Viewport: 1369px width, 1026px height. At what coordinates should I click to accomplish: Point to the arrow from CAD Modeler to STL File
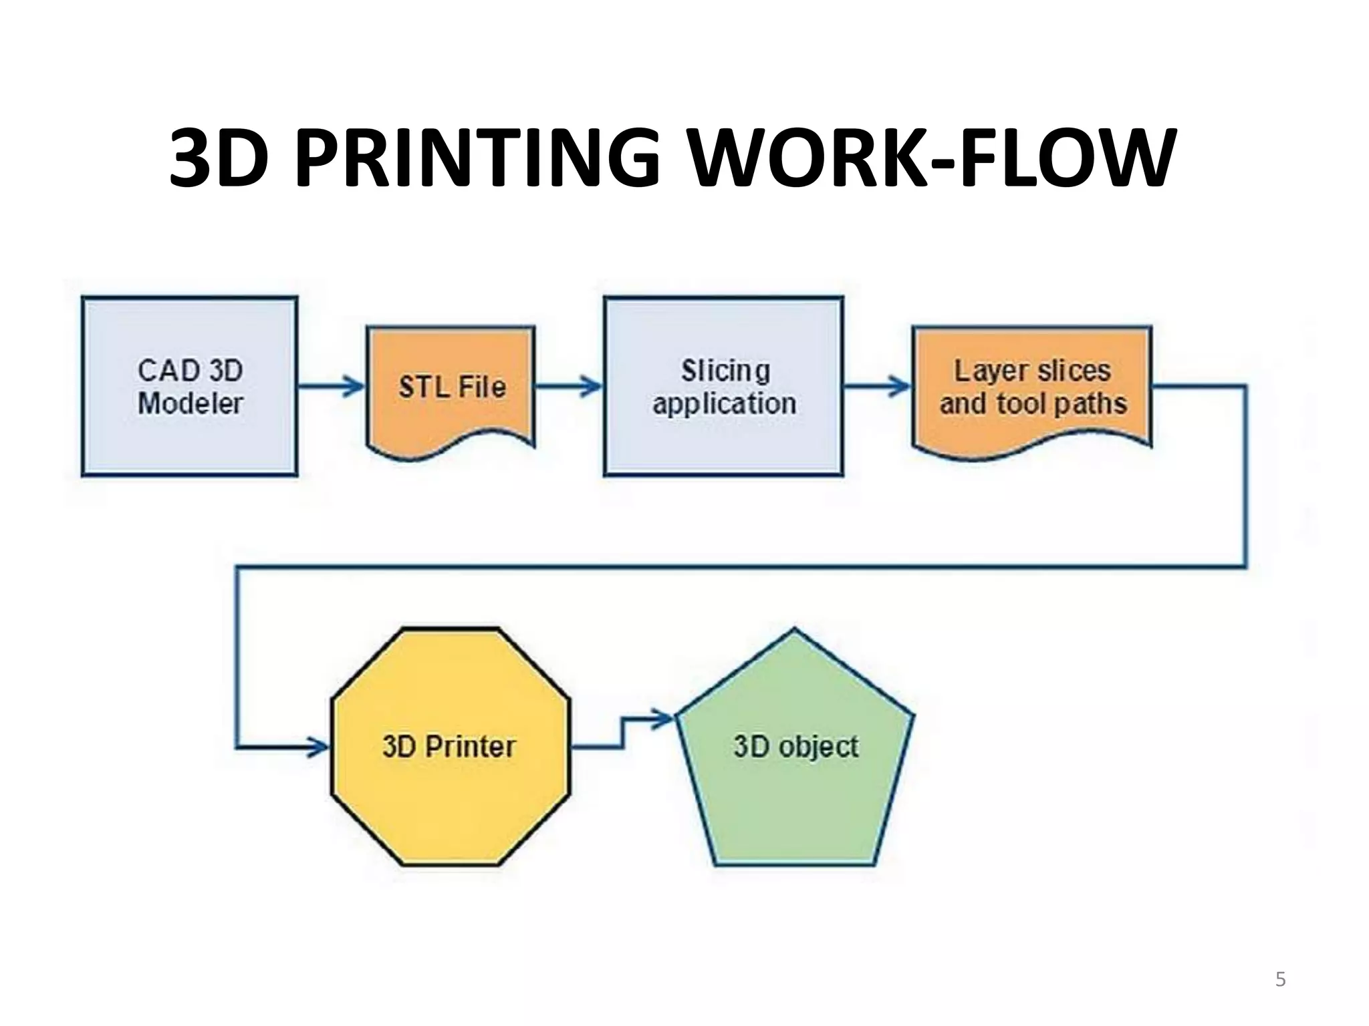332,386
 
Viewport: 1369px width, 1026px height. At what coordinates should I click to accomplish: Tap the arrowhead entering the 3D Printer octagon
319,747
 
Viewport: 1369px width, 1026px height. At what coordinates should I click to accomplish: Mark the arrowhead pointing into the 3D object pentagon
663,719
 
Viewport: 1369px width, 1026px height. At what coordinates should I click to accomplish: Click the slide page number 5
1280,980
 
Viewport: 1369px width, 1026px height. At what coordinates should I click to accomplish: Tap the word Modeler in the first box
191,403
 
